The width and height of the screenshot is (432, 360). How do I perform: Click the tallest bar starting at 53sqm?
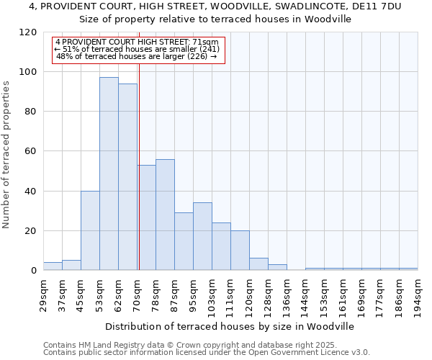click(x=109, y=174)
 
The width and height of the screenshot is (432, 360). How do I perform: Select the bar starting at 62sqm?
click(x=127, y=177)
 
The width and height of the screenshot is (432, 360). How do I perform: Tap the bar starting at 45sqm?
click(x=90, y=230)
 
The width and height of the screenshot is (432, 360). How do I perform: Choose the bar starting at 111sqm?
click(x=240, y=251)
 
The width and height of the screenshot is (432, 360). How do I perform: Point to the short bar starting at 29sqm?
click(x=53, y=266)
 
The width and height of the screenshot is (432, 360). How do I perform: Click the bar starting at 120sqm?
click(x=258, y=264)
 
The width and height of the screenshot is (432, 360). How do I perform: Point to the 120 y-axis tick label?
click(x=28, y=32)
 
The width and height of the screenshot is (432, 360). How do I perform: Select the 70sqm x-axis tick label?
click(x=137, y=295)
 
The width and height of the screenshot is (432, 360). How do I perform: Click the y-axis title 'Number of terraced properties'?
click(x=7, y=154)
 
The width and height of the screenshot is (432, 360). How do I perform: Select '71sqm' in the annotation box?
click(x=214, y=42)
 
